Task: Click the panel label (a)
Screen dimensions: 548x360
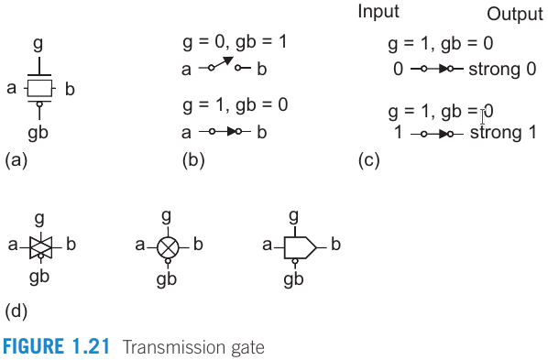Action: click(x=17, y=159)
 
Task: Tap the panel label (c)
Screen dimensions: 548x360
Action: click(x=368, y=159)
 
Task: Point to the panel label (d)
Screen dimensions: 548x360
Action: click(x=17, y=311)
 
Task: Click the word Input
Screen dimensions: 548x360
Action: click(x=378, y=12)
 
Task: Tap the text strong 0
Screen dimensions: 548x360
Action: click(x=502, y=69)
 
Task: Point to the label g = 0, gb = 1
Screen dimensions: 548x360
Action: click(x=236, y=43)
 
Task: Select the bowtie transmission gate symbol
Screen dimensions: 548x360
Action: click(x=39, y=245)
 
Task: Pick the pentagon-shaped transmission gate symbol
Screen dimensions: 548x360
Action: click(x=299, y=245)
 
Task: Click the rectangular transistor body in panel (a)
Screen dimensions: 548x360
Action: click(x=38, y=88)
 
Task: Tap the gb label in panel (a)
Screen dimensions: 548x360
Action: click(x=38, y=133)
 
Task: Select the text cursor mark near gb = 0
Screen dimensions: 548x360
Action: click(x=482, y=115)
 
